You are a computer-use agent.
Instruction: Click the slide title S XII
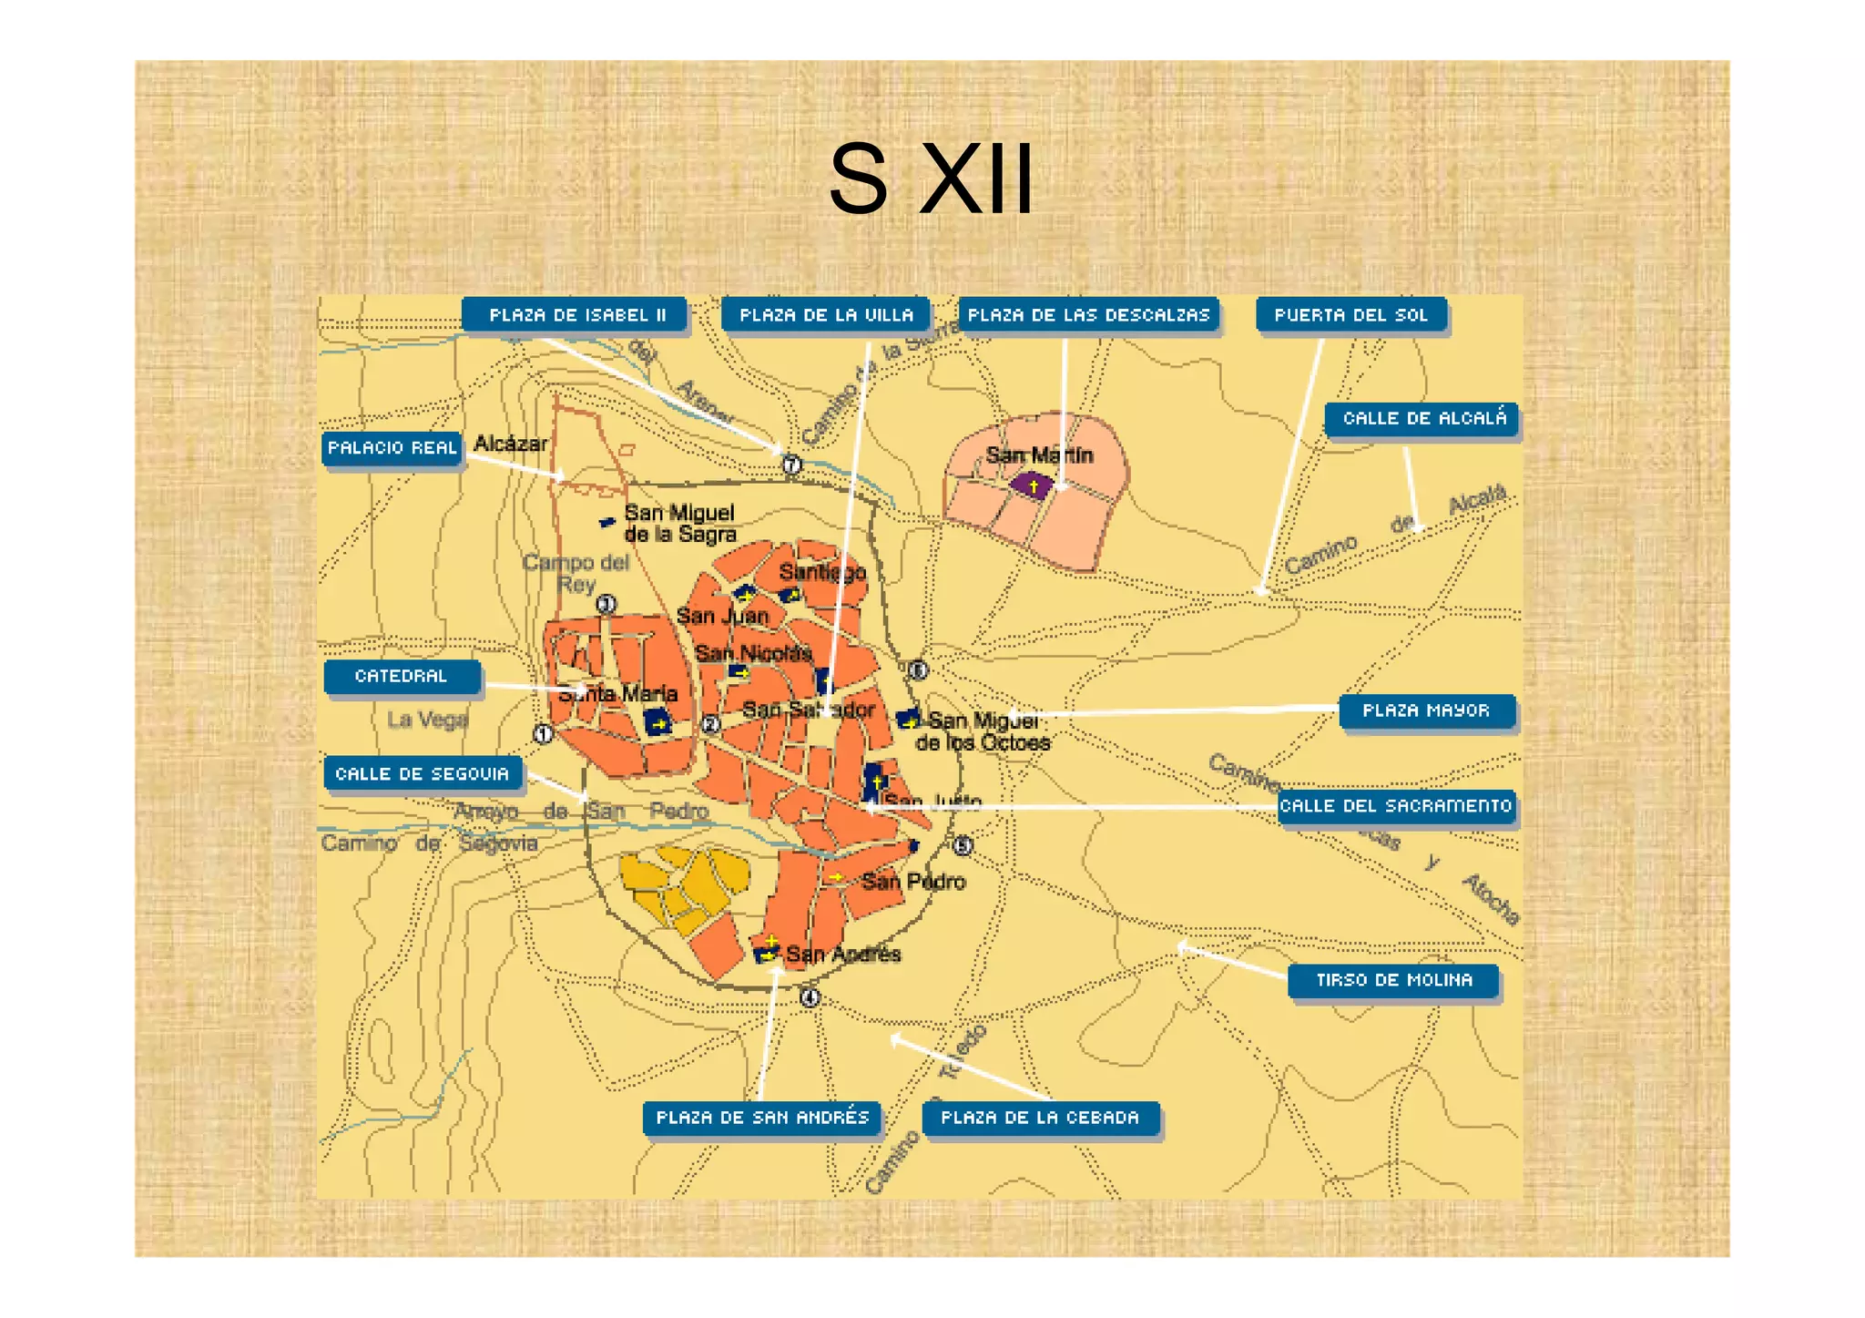pyautogui.click(x=931, y=179)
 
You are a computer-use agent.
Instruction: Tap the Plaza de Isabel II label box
pyautogui.click(x=576, y=315)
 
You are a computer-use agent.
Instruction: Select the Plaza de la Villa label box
pyautogui.click(x=825, y=315)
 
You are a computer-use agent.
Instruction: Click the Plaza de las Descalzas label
pyautogui.click(x=1088, y=315)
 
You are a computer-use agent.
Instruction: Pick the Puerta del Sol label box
pyautogui.click(x=1350, y=315)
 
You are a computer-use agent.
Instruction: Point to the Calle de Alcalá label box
pyautogui.click(x=1423, y=419)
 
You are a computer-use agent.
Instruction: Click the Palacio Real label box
pyautogui.click(x=392, y=448)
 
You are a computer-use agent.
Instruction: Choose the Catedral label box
pyautogui.click(x=402, y=676)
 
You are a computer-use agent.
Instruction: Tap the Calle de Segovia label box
pyautogui.click(x=423, y=773)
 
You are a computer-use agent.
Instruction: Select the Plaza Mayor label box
pyautogui.click(x=1426, y=710)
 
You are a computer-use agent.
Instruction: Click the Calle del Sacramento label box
pyautogui.click(x=1396, y=806)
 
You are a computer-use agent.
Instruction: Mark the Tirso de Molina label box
pyautogui.click(x=1393, y=980)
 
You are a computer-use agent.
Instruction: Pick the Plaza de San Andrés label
pyautogui.click(x=762, y=1118)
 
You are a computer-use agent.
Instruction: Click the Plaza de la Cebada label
pyautogui.click(x=1040, y=1118)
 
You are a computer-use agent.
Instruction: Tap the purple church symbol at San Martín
pyautogui.click(x=1032, y=485)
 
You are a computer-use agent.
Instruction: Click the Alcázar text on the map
pyautogui.click(x=511, y=444)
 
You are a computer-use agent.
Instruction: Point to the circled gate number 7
pyautogui.click(x=792, y=465)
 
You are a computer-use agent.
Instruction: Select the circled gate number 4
pyautogui.click(x=810, y=997)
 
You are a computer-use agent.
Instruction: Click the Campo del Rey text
pyautogui.click(x=576, y=573)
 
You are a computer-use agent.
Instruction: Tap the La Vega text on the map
pyautogui.click(x=427, y=720)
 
